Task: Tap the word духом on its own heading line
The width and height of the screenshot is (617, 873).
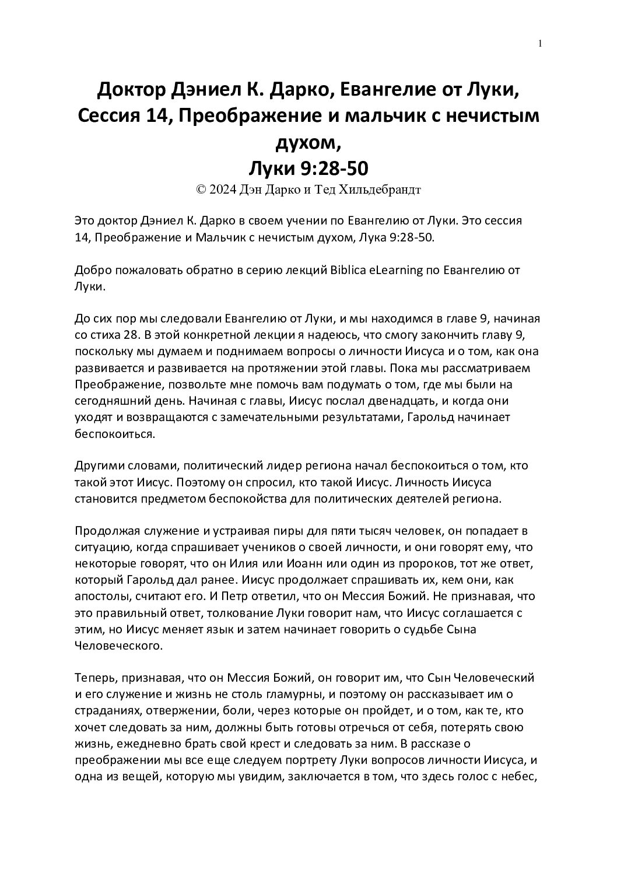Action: (307, 142)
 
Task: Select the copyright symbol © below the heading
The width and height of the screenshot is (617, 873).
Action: (202, 189)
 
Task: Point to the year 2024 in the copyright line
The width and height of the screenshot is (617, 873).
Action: (223, 189)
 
